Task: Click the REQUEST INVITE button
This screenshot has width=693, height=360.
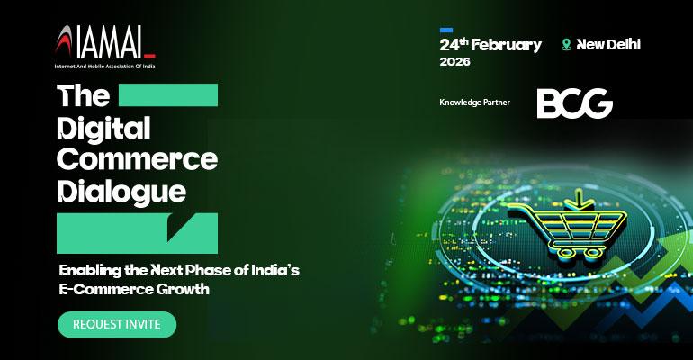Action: pyautogui.click(x=116, y=324)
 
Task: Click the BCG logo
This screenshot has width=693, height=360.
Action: pyautogui.click(x=574, y=104)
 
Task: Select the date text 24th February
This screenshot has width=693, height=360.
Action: pyautogui.click(x=490, y=44)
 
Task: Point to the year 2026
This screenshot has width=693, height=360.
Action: pyautogui.click(x=454, y=62)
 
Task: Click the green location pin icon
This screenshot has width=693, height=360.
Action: pyautogui.click(x=566, y=44)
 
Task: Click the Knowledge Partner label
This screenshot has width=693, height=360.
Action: pyautogui.click(x=474, y=103)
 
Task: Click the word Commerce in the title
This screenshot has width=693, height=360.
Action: pyautogui.click(x=137, y=159)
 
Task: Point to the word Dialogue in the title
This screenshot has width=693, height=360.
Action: pyautogui.click(x=121, y=191)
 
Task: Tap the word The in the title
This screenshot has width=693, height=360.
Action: pyautogui.click(x=83, y=95)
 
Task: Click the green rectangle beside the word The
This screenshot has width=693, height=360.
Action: pyautogui.click(x=168, y=95)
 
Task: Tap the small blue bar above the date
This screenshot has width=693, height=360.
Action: pyautogui.click(x=446, y=30)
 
